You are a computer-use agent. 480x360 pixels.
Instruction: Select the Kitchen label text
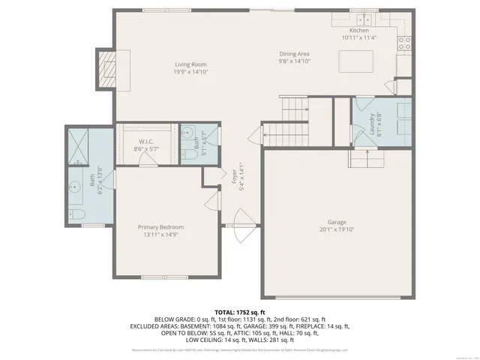(359, 31)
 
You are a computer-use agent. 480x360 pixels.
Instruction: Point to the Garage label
(336, 222)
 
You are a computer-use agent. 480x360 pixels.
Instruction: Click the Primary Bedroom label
(160, 227)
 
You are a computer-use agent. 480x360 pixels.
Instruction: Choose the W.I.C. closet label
(146, 142)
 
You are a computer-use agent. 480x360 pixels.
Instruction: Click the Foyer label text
(233, 175)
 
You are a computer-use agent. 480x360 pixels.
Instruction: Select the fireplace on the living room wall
(103, 67)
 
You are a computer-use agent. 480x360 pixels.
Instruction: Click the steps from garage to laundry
(366, 158)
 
